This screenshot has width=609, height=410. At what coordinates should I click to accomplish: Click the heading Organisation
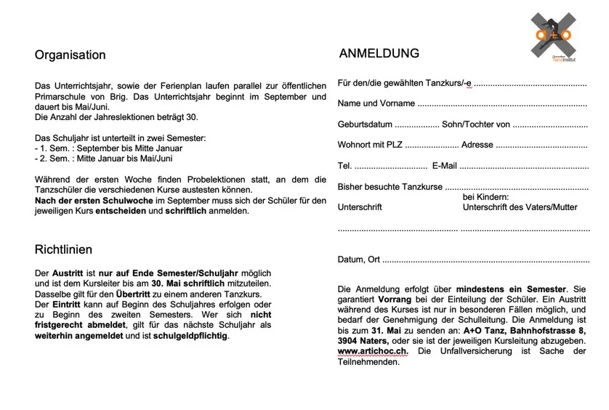tap(70, 55)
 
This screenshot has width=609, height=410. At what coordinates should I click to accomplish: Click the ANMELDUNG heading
tap(379, 53)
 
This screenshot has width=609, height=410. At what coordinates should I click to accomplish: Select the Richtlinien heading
tap(63, 249)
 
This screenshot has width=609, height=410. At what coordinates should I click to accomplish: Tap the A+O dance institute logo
tap(554, 37)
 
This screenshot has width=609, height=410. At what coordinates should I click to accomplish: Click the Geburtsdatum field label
tap(365, 124)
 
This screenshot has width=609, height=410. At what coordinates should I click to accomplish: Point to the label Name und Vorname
tap(376, 103)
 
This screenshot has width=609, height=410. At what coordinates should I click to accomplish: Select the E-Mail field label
tap(444, 166)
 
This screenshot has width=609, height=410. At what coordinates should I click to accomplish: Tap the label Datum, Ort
tap(359, 260)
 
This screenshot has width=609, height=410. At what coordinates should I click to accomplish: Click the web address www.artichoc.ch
tap(373, 351)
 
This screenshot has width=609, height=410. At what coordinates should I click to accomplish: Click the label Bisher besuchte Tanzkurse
tap(390, 187)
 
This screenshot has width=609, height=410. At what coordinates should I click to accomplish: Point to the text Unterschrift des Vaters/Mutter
tap(520, 207)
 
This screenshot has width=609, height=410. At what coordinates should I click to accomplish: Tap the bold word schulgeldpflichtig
tap(190, 337)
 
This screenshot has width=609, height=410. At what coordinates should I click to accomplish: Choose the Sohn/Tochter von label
tap(476, 124)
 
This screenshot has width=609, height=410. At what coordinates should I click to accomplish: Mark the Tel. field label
tap(344, 166)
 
